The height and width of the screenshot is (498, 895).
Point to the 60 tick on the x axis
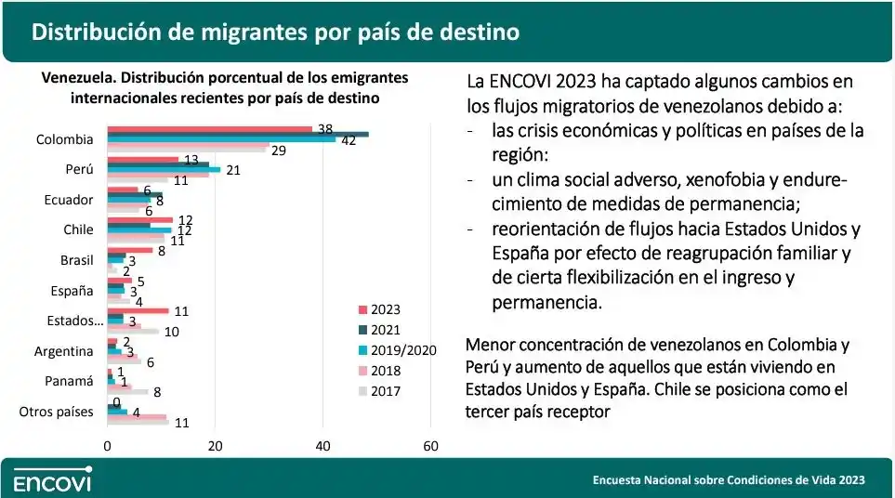click(430, 446)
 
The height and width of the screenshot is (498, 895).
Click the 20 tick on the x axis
click(216, 446)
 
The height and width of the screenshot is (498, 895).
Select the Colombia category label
click(64, 139)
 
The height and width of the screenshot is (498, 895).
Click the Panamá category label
click(71, 381)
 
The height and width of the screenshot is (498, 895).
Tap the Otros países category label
click(56, 411)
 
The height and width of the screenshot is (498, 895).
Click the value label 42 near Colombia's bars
click(349, 141)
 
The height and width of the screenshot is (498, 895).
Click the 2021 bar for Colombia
click(238, 134)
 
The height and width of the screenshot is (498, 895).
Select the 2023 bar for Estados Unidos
click(138, 310)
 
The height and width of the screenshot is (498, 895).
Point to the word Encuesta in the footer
click(620, 480)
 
